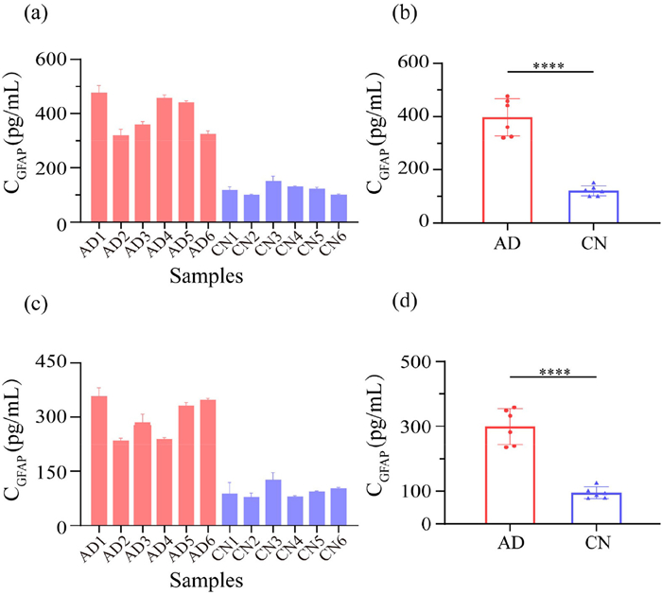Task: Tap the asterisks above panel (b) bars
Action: pos(549,66)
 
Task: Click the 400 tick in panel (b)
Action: pos(447,116)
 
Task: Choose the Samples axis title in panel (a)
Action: pos(206,277)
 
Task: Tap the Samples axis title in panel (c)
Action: pos(206,578)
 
